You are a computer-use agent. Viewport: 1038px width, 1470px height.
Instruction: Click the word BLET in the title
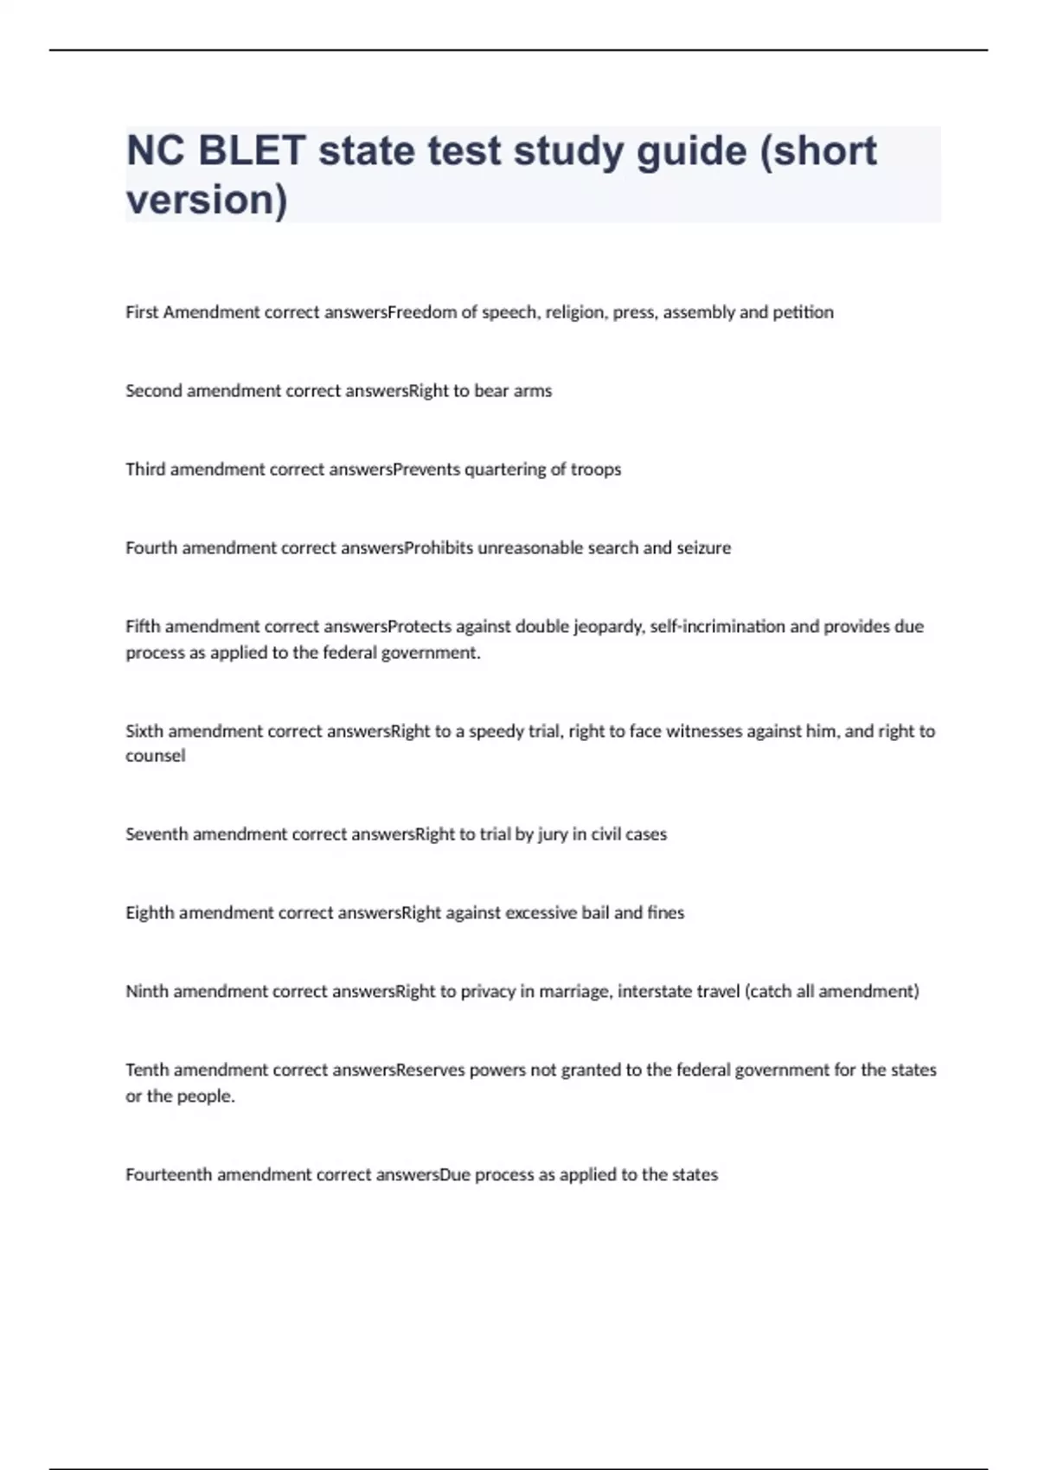(252, 150)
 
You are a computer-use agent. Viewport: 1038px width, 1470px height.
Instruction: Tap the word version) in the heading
(207, 200)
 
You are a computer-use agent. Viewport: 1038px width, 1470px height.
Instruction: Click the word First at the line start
(142, 312)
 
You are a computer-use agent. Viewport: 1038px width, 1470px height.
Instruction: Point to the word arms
(533, 391)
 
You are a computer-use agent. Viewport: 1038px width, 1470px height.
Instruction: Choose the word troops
(596, 470)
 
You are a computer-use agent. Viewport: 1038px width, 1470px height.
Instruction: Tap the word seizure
(703, 548)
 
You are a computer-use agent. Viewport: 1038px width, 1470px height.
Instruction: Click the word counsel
(156, 756)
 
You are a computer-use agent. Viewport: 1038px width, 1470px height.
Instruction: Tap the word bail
(595, 913)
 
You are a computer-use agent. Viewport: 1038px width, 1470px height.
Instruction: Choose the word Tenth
(147, 1071)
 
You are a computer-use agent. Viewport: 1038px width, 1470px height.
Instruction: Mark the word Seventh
(157, 834)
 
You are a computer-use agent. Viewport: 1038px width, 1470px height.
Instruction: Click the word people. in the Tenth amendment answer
(207, 1096)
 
